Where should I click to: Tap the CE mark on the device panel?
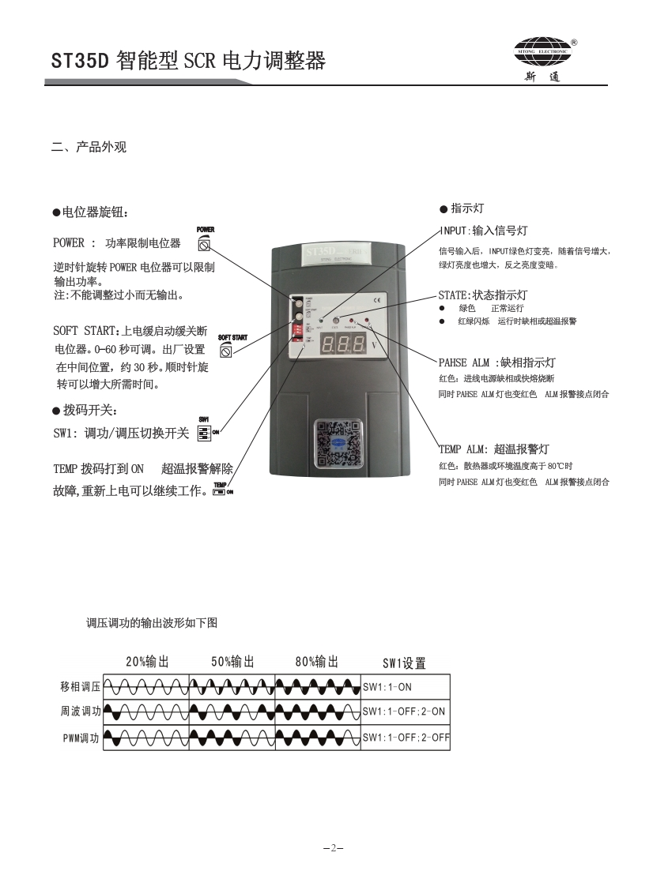376,300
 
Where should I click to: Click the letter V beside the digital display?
374,345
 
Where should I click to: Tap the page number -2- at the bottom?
333,848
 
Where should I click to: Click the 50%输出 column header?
232,662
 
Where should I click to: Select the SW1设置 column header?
404,663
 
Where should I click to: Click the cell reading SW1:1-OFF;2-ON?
405,711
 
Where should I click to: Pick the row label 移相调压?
81,686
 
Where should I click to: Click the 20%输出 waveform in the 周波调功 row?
146,712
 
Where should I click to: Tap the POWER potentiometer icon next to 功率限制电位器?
205,243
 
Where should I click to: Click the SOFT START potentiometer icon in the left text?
226,351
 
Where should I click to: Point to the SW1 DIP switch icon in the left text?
204,433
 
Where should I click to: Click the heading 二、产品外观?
89,148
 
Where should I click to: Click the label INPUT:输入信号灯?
483,231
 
